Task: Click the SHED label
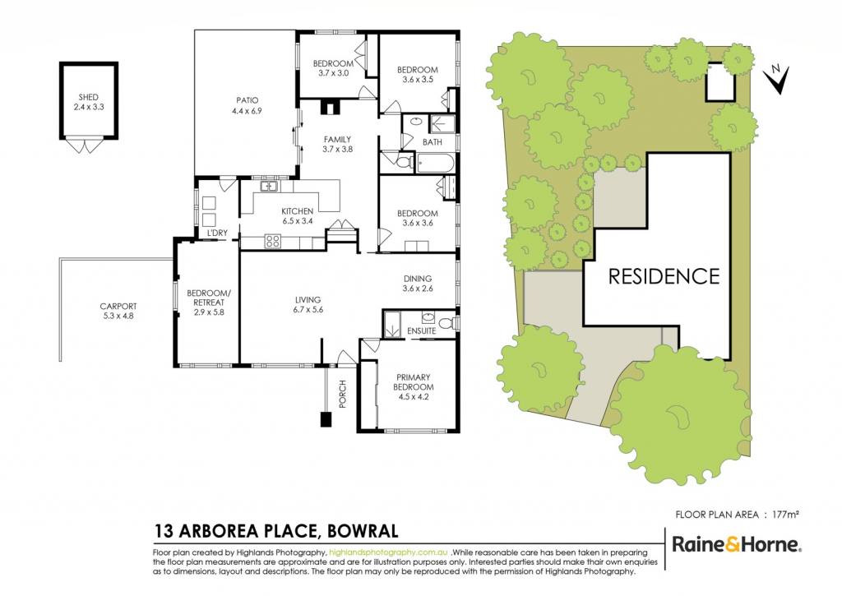coord(89,97)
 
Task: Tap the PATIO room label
coord(247,100)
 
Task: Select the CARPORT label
coord(118,307)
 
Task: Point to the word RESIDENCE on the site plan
coord(664,276)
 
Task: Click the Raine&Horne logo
coord(738,544)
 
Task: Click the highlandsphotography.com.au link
coord(388,552)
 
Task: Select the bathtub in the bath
coord(436,163)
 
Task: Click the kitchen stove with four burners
coord(273,242)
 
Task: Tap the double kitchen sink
coord(268,187)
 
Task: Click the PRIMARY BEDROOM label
coord(414,381)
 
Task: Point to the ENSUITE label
coord(422,330)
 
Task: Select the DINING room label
coord(418,279)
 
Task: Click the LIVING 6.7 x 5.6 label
coord(308,304)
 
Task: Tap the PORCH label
coord(343,394)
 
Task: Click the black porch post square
coord(326,418)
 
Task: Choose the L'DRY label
coord(217,233)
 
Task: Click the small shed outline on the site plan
coord(720,81)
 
